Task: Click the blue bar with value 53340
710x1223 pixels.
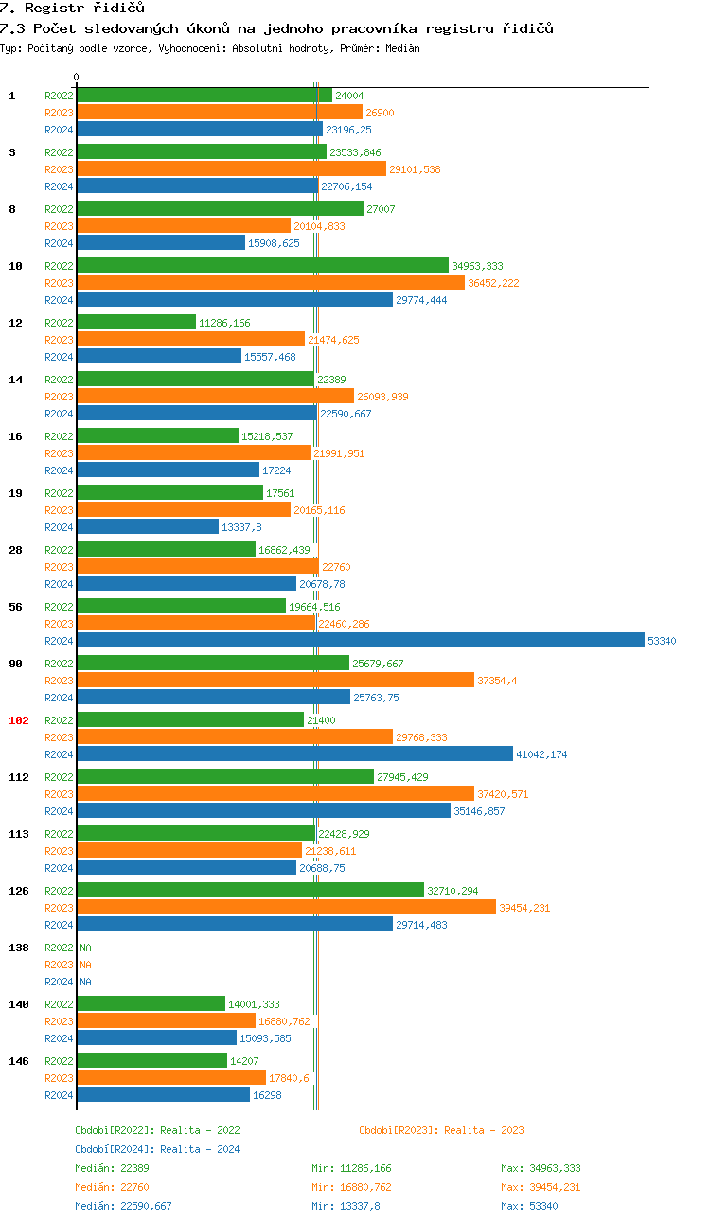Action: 360,641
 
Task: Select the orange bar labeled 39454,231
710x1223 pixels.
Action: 286,908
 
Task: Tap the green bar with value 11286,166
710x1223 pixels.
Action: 136,323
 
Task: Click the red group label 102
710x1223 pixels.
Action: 19,720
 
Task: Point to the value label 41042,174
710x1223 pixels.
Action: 541,754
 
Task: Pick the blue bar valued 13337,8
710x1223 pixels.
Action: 148,527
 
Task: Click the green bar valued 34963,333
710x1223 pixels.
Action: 262,266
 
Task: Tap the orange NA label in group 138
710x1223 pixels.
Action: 85,965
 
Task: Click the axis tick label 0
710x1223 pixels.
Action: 77,77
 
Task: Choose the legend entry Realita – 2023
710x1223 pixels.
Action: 441,1130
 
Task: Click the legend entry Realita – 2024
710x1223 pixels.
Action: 157,1149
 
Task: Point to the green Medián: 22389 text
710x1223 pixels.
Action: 112,1168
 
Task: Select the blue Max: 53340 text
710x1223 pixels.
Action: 529,1206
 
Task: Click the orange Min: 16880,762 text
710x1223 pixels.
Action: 351,1187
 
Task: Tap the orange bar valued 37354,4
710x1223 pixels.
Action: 275,681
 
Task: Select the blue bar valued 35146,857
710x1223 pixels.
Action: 264,811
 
